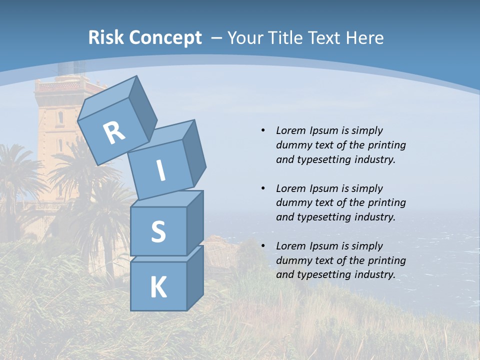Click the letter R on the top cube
(114, 133)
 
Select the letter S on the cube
(158, 231)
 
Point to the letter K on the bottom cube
(158, 287)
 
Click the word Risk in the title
(106, 37)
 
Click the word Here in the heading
(365, 37)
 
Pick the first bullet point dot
(263, 130)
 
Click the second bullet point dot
(263, 188)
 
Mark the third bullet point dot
(263, 246)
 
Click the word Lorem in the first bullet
(290, 130)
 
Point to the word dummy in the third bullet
(291, 260)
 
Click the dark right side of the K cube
(195, 279)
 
